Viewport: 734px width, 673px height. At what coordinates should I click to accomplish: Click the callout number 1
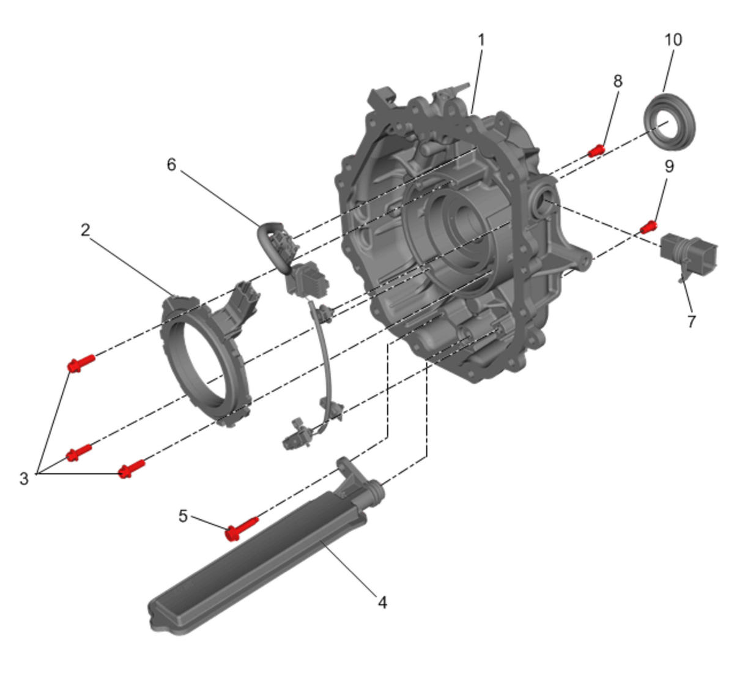481,40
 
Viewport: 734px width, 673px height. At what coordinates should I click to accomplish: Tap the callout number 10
673,40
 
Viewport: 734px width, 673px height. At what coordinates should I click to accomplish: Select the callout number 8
618,81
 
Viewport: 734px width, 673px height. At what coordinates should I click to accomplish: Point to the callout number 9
669,166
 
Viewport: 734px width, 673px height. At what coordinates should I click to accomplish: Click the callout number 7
691,321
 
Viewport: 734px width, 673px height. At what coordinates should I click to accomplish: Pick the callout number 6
171,165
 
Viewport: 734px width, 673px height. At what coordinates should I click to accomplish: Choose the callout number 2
85,230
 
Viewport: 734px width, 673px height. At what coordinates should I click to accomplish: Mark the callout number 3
24,478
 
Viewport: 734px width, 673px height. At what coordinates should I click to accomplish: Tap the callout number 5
183,516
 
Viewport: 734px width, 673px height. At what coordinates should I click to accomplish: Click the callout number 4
382,602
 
